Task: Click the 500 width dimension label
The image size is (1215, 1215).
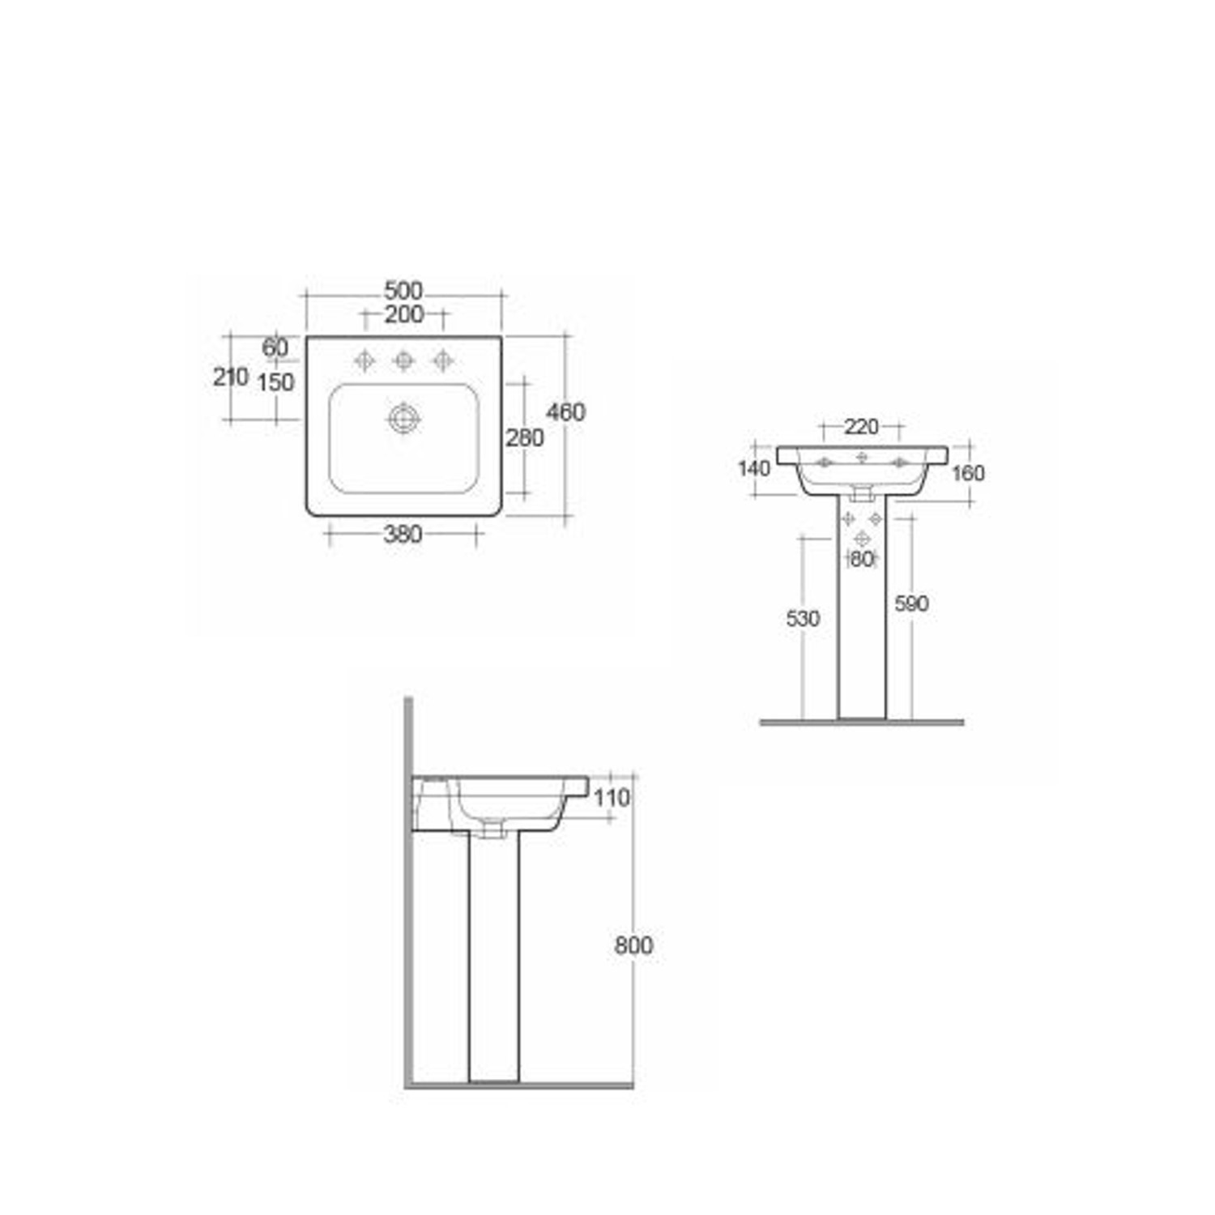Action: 403,290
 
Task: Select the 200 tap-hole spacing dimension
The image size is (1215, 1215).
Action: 403,314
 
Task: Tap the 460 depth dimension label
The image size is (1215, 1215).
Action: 565,412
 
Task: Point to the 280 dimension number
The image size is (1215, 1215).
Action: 524,438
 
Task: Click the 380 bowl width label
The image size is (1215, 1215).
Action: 403,535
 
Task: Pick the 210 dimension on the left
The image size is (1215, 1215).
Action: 230,377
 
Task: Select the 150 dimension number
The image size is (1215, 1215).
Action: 275,382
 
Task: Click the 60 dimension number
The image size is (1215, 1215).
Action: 275,347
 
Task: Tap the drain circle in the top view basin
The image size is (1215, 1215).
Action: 403,419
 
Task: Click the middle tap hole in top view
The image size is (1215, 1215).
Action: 403,360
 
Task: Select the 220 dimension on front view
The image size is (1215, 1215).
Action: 861,426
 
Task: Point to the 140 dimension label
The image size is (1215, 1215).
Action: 753,468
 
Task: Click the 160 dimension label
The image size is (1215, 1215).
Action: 967,473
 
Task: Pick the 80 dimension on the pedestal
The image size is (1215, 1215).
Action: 862,559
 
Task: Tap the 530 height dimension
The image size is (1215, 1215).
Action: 803,619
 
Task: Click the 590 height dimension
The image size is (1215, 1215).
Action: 911,603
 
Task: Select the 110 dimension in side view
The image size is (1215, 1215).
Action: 611,798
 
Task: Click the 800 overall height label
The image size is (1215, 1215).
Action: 633,945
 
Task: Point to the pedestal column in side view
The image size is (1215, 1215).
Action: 493,956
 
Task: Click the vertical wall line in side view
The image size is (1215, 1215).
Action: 409,932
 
